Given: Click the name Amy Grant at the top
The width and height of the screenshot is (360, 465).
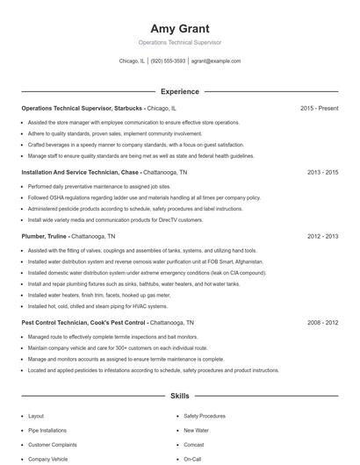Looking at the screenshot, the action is [179, 28].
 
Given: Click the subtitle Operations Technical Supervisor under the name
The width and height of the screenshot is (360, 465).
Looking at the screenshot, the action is [179, 42].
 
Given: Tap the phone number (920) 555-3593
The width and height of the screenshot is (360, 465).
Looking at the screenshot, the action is [168, 61].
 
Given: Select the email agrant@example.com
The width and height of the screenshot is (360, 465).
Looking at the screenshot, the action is [215, 61].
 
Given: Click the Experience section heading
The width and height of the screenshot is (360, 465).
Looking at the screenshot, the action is [179, 91].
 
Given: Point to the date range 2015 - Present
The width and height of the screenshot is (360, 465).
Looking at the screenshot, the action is [319, 108].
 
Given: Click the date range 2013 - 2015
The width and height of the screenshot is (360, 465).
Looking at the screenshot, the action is [322, 173].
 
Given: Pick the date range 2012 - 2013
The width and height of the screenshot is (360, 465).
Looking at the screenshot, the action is [322, 236].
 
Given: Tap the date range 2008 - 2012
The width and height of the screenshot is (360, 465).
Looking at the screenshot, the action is [322, 323].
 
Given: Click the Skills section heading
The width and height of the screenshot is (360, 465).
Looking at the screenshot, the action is [179, 397].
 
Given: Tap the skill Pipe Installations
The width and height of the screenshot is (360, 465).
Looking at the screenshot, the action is [47, 431].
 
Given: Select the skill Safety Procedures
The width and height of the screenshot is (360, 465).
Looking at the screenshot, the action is [205, 416].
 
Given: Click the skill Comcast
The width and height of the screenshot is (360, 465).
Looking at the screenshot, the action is [194, 445].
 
